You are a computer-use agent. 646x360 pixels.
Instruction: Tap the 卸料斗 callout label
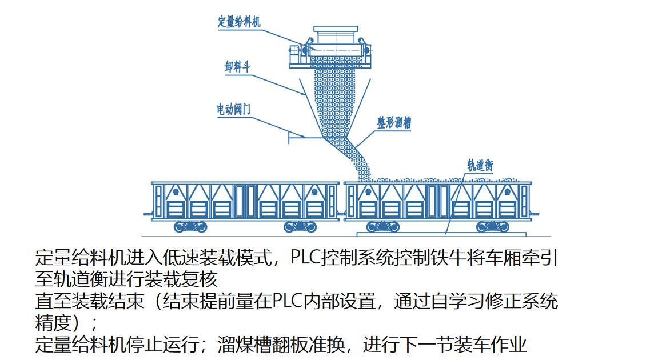pyautogui.click(x=237, y=67)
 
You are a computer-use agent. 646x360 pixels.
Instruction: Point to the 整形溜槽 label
pyautogui.click(x=394, y=122)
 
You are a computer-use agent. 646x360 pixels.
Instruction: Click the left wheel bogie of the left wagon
pyautogui.click(x=190, y=227)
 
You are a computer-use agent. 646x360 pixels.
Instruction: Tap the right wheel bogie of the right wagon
pyautogui.click(x=492, y=227)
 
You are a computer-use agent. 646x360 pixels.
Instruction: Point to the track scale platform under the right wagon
pyautogui.click(x=440, y=234)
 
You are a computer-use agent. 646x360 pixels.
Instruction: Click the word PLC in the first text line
pyautogui.click(x=305, y=258)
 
